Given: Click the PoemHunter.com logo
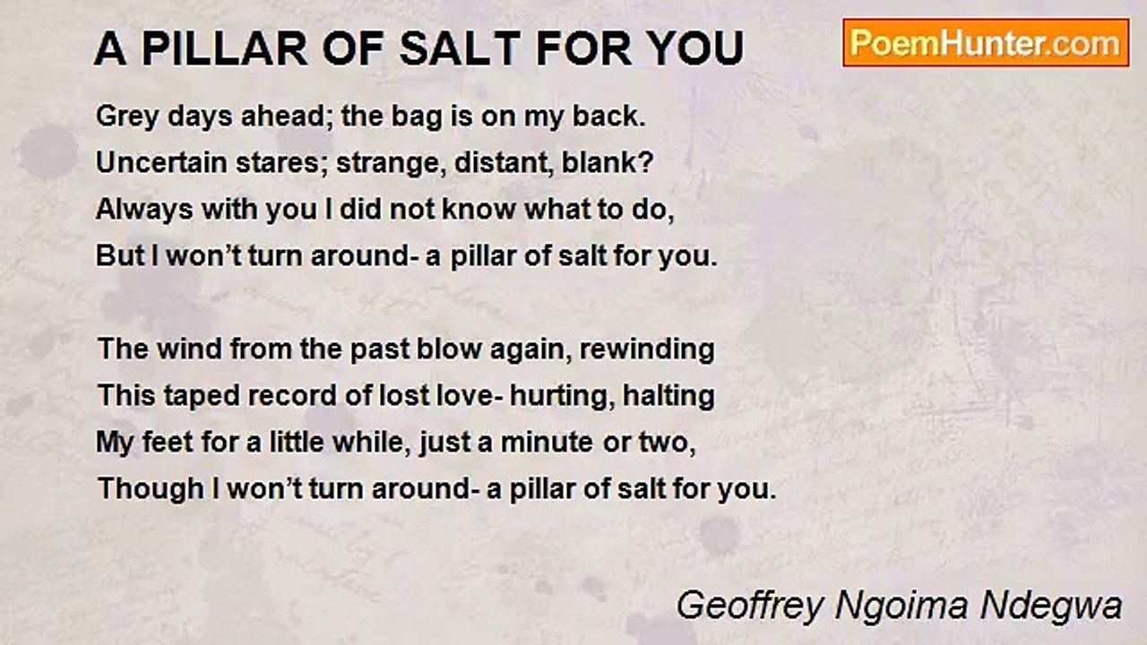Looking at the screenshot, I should (x=986, y=43).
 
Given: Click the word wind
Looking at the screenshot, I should (x=192, y=349).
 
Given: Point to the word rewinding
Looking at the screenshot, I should (x=647, y=349).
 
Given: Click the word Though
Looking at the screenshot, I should (x=136, y=489).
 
